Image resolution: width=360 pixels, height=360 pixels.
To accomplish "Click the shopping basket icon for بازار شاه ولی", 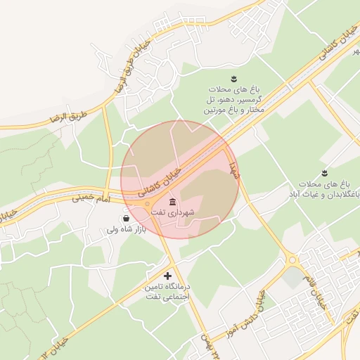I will tap(125, 219).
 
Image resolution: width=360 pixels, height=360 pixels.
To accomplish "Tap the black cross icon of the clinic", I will tap(167, 276).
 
